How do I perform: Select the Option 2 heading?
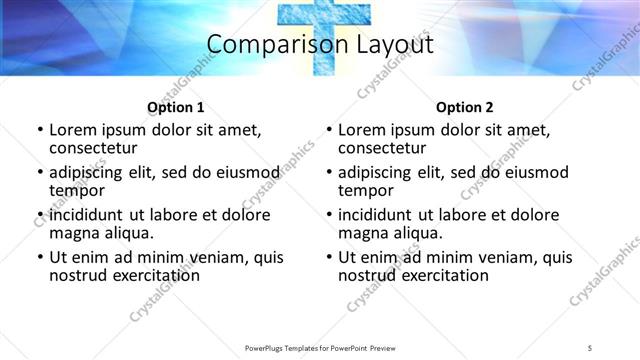(x=465, y=107)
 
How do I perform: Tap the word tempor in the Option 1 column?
(x=77, y=191)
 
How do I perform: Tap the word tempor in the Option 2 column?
(x=366, y=191)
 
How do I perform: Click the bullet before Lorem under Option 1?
(x=39, y=130)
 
